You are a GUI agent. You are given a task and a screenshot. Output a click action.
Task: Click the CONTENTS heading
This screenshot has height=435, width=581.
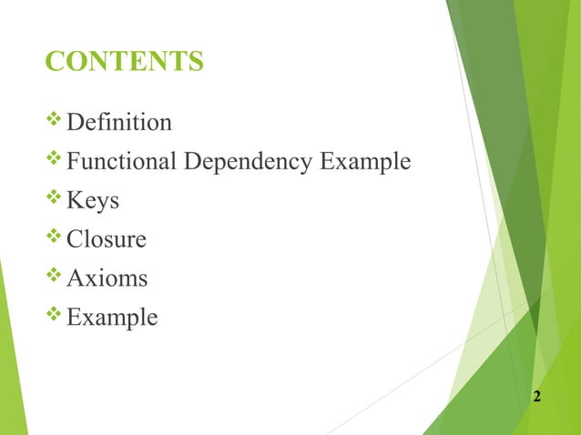124,62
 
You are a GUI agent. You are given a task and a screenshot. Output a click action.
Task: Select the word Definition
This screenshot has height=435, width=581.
119,122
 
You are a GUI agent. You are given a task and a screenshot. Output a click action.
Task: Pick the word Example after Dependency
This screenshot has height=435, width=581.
365,163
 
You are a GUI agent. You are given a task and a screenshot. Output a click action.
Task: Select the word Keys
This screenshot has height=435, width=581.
94,201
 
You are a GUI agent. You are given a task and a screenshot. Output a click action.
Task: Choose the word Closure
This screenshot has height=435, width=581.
107,239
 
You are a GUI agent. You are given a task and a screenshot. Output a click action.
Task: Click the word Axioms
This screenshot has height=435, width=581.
107,278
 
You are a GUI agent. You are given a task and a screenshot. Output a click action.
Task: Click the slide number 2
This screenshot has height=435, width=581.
537,397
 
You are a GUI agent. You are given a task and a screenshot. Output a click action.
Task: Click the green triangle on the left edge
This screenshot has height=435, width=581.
11,364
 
